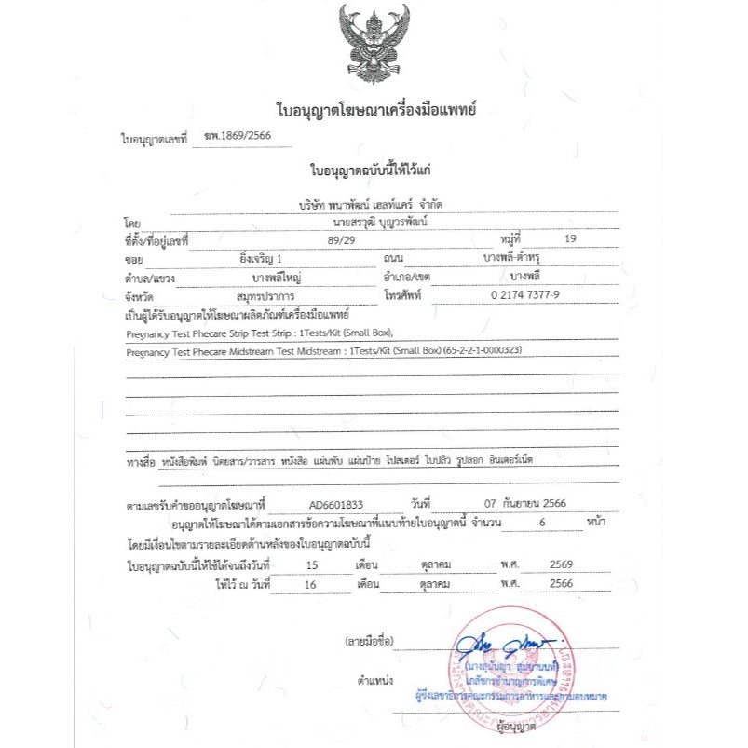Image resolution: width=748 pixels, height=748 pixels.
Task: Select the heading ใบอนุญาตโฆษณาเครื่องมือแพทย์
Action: click(x=375, y=110)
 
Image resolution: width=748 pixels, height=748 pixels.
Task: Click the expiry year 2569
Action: click(x=561, y=565)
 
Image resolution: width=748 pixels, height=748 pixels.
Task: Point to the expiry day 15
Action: click(x=311, y=565)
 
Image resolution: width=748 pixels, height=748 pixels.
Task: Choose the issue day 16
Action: click(x=311, y=583)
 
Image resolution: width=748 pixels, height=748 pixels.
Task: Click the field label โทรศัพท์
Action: click(x=403, y=293)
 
